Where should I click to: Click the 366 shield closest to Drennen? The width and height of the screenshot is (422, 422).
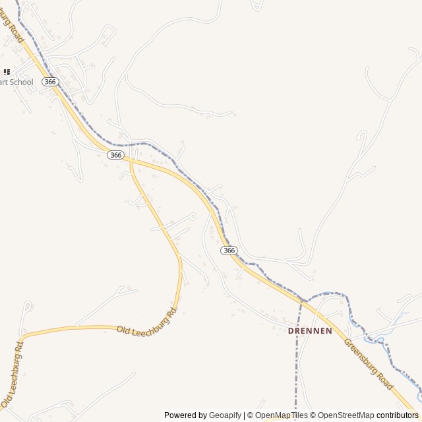pos(229,251)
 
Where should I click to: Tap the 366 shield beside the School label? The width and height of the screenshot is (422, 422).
pos(50,81)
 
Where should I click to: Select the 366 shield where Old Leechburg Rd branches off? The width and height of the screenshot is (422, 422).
pos(115,154)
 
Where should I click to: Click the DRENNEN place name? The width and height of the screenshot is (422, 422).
pos(310,330)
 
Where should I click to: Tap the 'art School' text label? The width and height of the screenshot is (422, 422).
pos(16,82)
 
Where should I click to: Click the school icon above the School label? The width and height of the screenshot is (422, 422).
pos(7,72)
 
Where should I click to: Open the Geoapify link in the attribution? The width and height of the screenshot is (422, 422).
pos(225,415)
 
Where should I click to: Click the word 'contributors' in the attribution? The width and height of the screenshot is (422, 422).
pos(397,415)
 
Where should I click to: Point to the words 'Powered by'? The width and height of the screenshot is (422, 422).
pos(185,415)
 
